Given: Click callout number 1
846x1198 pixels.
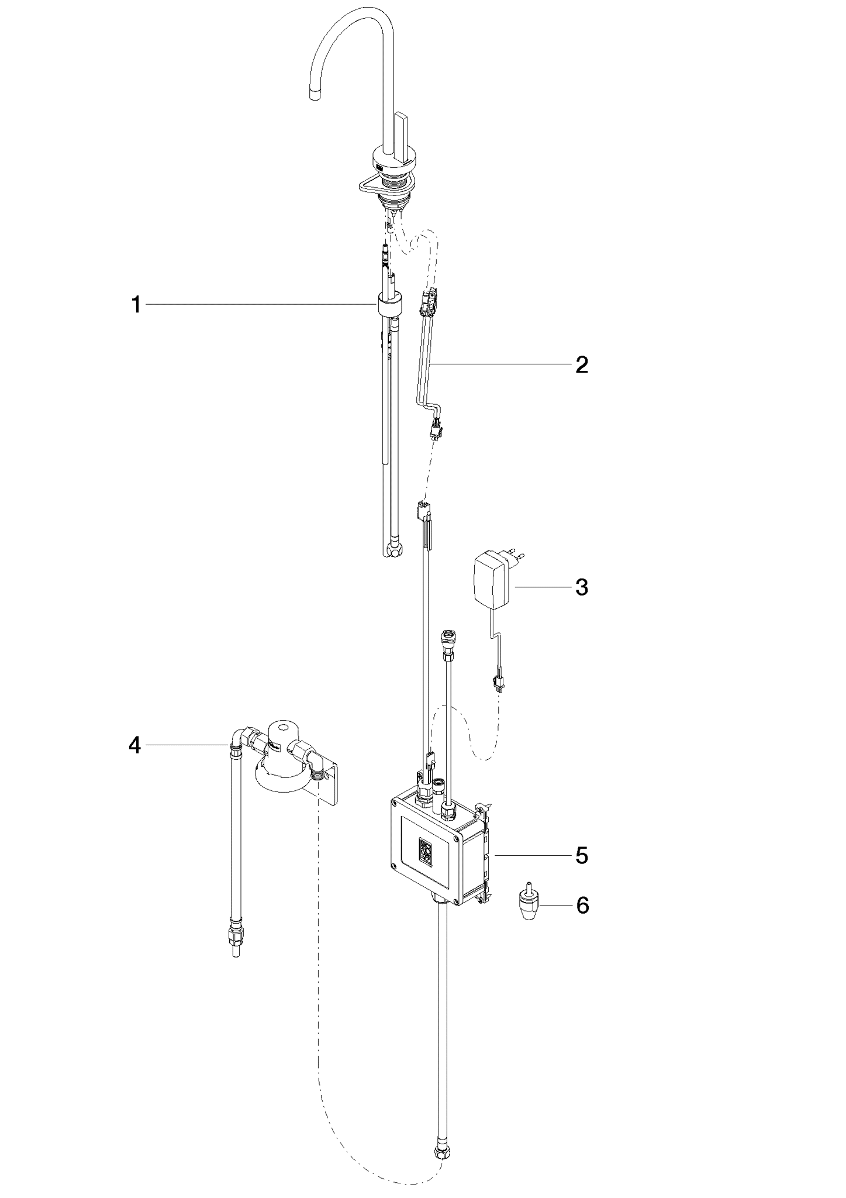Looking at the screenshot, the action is click(x=136, y=305).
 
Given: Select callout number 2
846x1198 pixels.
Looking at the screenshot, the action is click(x=581, y=365).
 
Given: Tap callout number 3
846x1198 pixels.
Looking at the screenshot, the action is click(x=581, y=587).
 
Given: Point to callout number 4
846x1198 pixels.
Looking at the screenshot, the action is click(x=135, y=745).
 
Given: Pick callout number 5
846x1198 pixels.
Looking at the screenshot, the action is click(x=581, y=855).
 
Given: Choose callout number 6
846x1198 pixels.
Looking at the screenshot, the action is click(x=582, y=906).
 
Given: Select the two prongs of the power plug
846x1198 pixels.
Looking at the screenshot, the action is click(x=515, y=554).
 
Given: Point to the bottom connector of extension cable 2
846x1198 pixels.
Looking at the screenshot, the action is click(x=435, y=430).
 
